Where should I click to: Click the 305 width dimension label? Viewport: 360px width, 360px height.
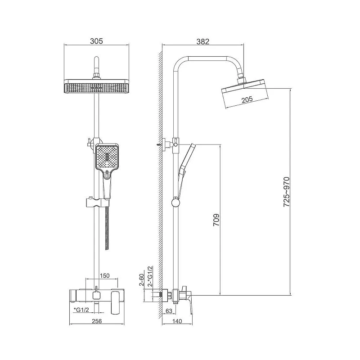point(96,41)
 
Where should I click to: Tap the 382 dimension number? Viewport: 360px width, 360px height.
point(203,41)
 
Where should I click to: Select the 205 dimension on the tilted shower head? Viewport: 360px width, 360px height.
point(247,99)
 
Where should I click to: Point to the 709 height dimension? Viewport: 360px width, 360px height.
point(216,220)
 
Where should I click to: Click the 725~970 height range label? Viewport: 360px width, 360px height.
point(286,192)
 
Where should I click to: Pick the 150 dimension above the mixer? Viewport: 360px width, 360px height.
point(105,275)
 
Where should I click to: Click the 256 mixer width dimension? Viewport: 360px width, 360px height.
point(97,321)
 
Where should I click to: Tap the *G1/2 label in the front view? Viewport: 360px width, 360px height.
point(81,310)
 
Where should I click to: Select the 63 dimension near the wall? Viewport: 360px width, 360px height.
point(169,311)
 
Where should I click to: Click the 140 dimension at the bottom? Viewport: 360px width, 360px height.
point(177,321)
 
